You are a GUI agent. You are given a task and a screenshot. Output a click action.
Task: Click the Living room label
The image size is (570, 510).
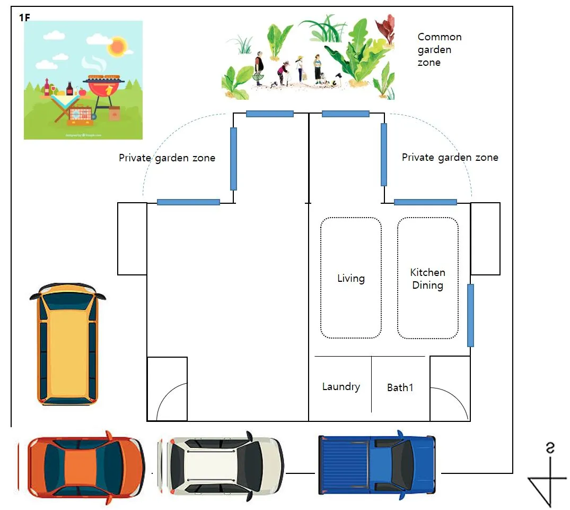(x=351, y=278)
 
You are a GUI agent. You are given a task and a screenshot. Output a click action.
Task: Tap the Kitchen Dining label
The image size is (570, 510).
(x=427, y=279)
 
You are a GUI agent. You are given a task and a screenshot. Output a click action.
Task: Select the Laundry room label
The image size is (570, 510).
(x=341, y=386)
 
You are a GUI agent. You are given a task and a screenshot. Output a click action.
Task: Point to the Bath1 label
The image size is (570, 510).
(x=400, y=387)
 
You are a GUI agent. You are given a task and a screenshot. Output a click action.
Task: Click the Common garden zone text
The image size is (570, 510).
(x=439, y=49)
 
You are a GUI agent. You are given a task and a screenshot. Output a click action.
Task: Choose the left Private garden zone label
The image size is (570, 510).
(x=167, y=158)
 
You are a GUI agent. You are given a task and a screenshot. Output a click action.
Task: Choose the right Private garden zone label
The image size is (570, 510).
(x=450, y=157)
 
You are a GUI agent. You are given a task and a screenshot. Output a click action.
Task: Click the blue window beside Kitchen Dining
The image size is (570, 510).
(x=470, y=315)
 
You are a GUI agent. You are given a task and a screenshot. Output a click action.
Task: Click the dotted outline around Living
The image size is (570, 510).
(x=321, y=278)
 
